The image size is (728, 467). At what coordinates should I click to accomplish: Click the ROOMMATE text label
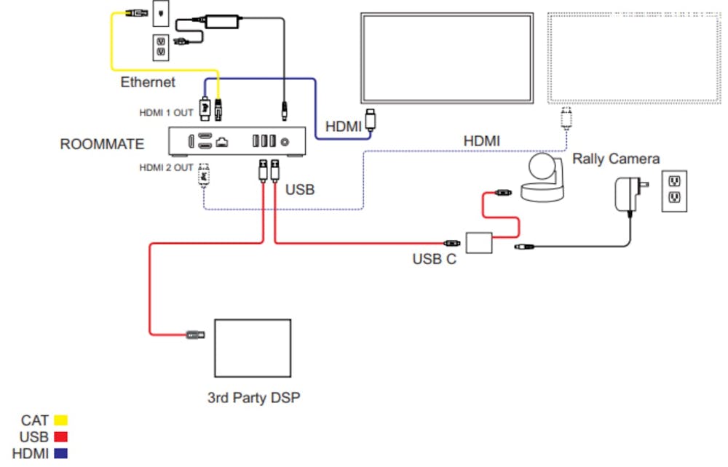[102, 144]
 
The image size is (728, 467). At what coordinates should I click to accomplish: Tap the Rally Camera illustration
[542, 178]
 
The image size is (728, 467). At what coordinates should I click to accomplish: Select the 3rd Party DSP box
[252, 348]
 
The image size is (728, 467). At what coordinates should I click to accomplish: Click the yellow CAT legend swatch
[60, 420]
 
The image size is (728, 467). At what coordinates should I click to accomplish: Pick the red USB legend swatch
[60, 436]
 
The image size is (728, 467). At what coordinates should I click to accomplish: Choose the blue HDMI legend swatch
[60, 453]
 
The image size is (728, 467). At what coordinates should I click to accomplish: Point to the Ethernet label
[148, 82]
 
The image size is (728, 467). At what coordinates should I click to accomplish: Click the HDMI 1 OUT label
[167, 113]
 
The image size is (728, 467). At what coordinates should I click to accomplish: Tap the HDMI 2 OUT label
[167, 168]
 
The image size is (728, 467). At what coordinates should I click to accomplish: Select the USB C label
[434, 259]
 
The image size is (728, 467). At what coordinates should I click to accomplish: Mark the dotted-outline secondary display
[633, 59]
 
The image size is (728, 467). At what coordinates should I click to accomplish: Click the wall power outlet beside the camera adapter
[674, 191]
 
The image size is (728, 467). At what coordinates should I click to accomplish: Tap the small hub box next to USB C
[479, 242]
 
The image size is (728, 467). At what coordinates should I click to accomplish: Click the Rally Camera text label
[616, 159]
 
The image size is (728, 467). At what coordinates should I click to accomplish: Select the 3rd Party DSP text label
[253, 398]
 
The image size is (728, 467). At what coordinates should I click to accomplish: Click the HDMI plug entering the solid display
[371, 120]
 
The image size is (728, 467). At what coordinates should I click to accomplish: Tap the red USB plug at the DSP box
[195, 335]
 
